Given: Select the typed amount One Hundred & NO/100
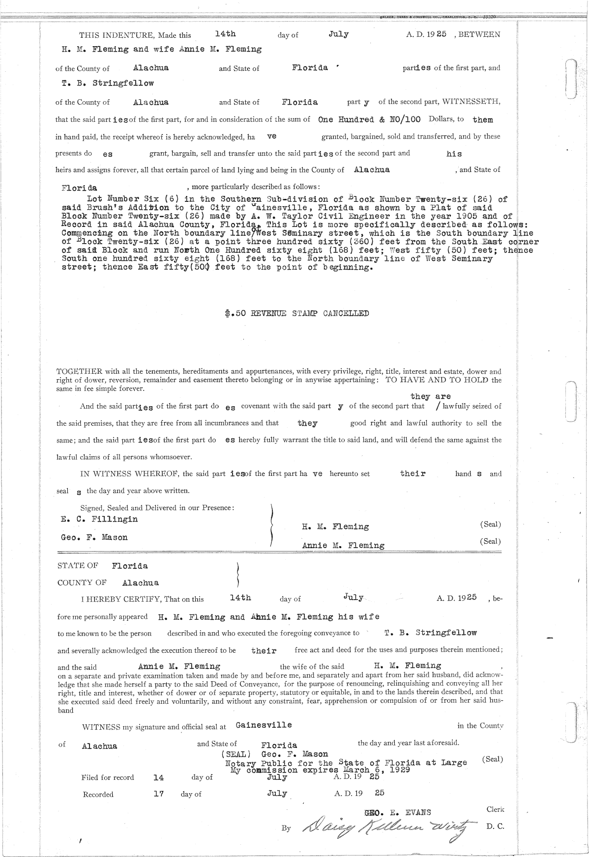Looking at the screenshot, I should pos(369,119).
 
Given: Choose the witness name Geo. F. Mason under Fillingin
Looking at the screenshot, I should pos(94,537).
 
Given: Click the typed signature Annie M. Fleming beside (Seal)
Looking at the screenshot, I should pos(343,545).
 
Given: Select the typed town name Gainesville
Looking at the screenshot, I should pos(264,725).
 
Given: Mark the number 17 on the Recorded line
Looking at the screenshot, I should pos(158,793).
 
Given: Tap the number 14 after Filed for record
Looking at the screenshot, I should pos(158,777).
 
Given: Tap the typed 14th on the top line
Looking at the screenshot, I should pos(226,34).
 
